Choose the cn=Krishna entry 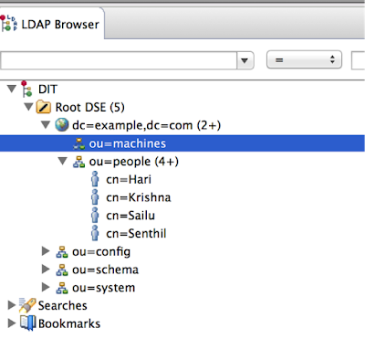coord(138,197)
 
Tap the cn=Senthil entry coord(136,234)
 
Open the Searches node coord(62,305)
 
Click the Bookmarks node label coord(69,323)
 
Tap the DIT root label coord(48,89)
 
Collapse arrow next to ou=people coord(62,162)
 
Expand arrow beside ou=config coord(47,251)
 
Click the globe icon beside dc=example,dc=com coord(61,125)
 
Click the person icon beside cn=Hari coord(95,179)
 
